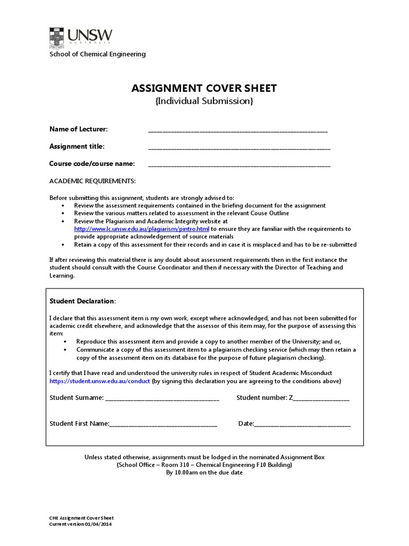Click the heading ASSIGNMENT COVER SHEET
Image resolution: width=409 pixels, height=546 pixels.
coord(204,88)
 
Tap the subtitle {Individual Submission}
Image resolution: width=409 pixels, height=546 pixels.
coord(204,101)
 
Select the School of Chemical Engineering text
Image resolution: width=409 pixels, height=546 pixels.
coord(97,54)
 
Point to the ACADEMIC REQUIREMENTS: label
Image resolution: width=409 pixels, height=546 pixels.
coord(93,181)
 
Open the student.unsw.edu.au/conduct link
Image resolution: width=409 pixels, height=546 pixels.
coord(100,381)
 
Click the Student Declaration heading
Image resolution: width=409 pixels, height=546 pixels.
coord(82,301)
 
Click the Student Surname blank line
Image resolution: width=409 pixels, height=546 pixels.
coord(162,398)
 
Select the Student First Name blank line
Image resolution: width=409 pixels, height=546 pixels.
coord(163,424)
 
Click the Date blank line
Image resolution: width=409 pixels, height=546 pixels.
coord(302,424)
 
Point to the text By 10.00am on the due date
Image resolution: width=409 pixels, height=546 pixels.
coord(204,472)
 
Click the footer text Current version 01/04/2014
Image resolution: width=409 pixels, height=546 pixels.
coord(80,524)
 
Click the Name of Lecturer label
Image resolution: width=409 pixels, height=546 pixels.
coord(79,129)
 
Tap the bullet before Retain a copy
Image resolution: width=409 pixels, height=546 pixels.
coord(63,245)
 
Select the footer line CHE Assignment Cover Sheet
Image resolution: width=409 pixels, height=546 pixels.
coord(81,518)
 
